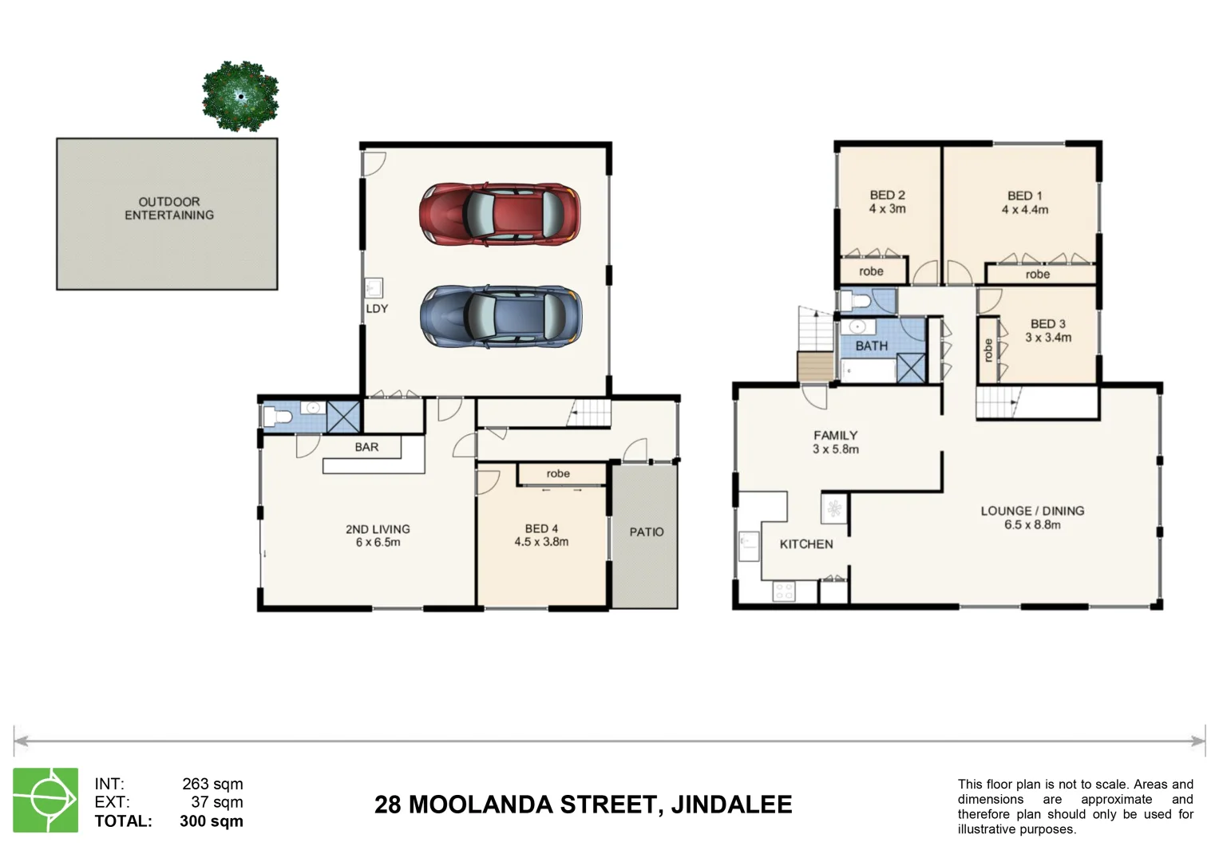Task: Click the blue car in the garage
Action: (501, 317)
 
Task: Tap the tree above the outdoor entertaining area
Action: (239, 96)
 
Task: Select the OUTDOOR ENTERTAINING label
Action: (168, 208)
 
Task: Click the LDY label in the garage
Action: (377, 308)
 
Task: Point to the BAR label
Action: (366, 447)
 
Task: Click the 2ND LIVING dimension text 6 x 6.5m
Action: (378, 543)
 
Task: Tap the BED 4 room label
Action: (541, 528)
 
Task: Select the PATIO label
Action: (646, 532)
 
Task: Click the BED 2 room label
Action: (887, 195)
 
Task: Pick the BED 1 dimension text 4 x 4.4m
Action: (1025, 210)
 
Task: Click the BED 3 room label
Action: (1047, 323)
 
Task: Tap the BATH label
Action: (871, 346)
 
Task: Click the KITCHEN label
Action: (805, 544)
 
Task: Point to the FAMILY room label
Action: (835, 435)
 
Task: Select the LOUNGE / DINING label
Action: (1032, 511)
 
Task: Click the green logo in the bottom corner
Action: (46, 801)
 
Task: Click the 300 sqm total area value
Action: (212, 821)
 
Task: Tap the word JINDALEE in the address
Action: (731, 805)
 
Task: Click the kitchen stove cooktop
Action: (784, 591)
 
